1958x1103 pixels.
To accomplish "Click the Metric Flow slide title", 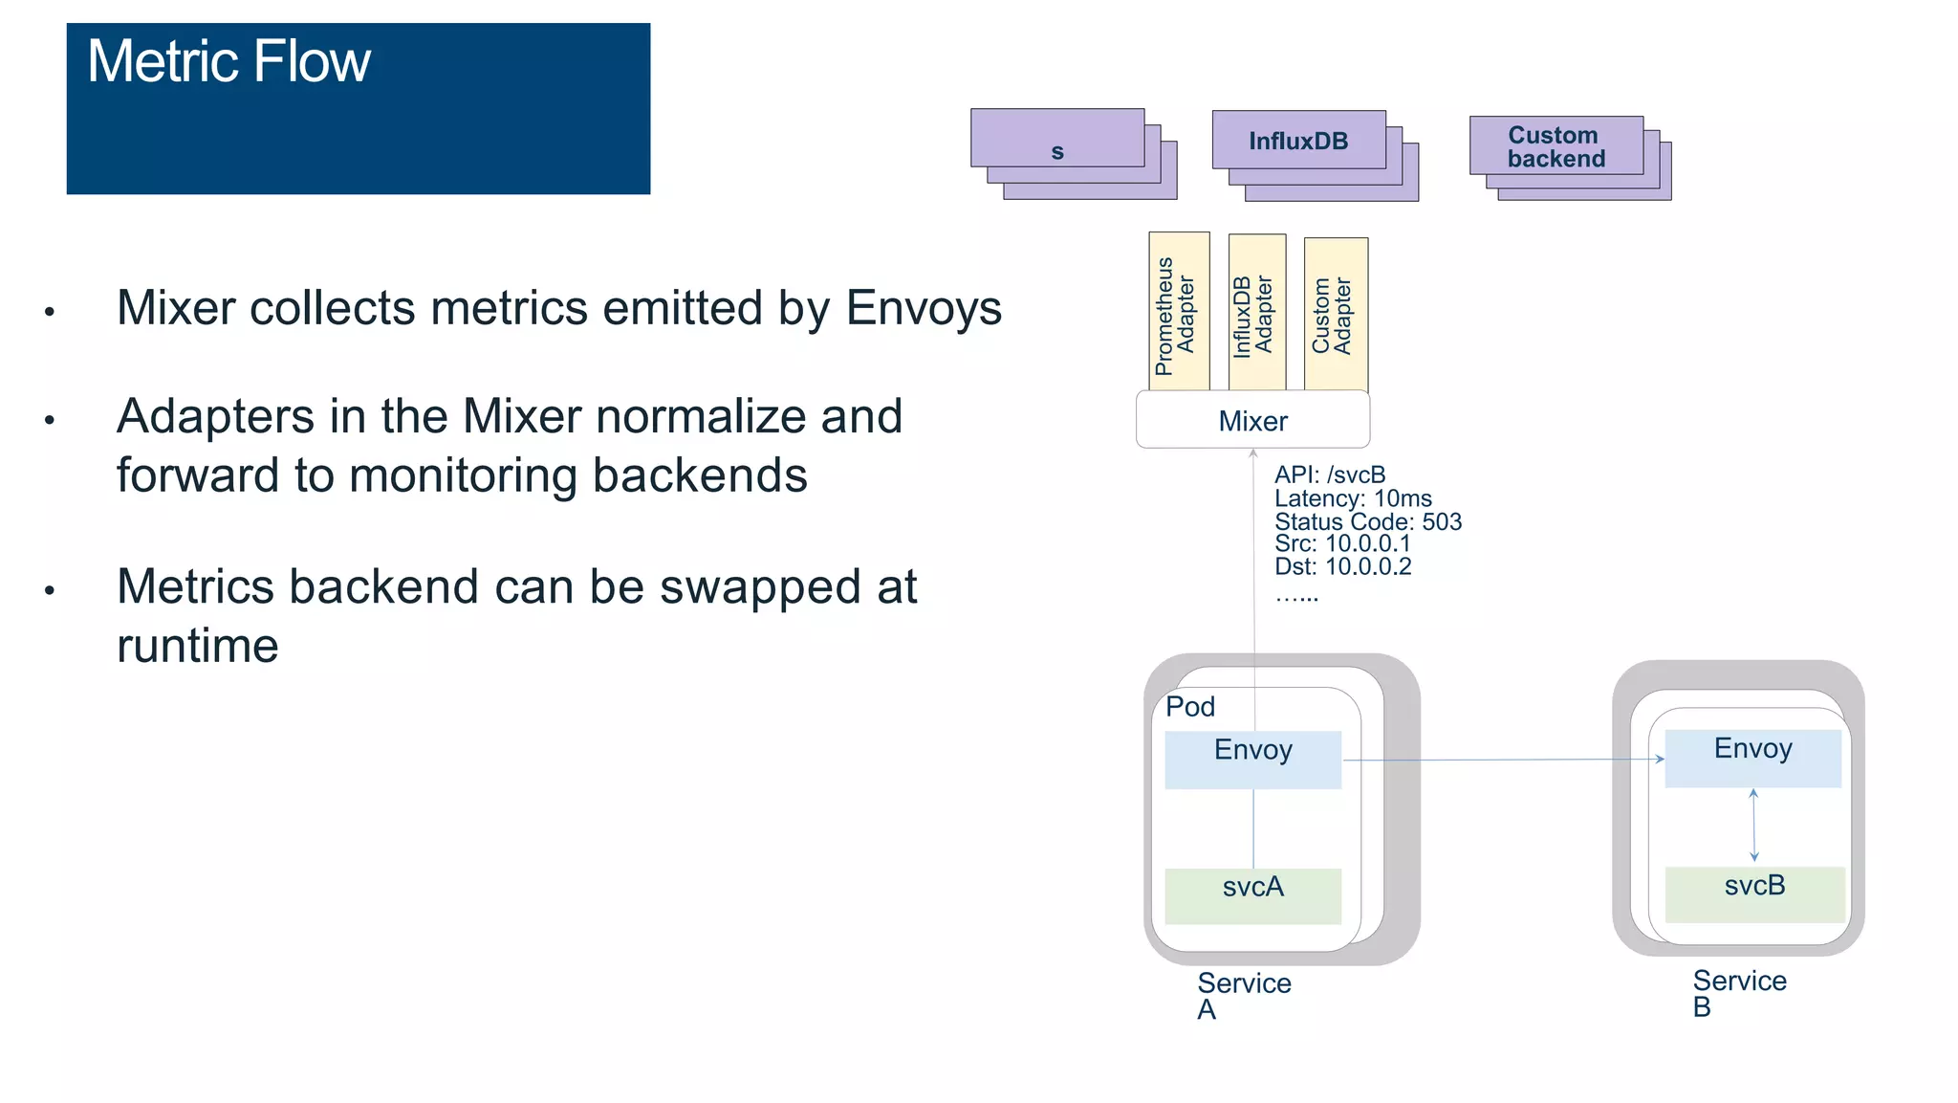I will (x=228, y=62).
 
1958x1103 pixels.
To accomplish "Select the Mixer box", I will (x=1252, y=421).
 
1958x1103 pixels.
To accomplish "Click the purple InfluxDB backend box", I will (x=1298, y=142).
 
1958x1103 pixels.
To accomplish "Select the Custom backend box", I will (x=1556, y=147).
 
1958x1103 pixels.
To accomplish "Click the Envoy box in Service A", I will (x=1252, y=760).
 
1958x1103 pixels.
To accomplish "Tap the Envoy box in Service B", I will (x=1752, y=759).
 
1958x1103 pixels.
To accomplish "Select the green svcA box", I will (x=1252, y=894).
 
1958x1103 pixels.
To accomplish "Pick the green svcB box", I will (x=1754, y=893).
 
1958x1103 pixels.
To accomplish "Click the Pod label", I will (x=1190, y=707).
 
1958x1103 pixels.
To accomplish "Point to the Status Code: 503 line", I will (x=1367, y=522).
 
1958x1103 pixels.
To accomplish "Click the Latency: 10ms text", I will (x=1352, y=498).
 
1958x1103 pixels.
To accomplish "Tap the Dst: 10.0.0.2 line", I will (x=1342, y=566).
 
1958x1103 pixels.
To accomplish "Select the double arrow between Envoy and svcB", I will (x=1753, y=826).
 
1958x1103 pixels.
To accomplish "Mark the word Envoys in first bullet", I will (x=924, y=309).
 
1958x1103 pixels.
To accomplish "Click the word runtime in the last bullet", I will (x=198, y=646).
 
